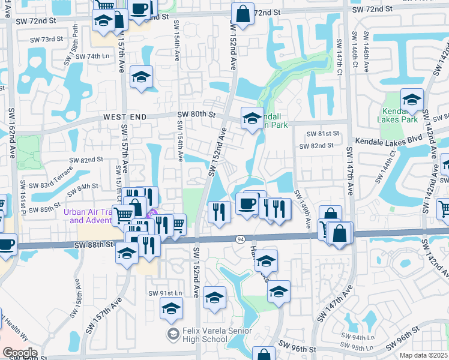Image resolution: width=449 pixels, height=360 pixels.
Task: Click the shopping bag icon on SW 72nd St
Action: coord(242,16)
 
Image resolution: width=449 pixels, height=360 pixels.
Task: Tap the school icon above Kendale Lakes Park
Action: coord(412,100)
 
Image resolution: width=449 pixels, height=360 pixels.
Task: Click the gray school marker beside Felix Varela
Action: coord(173,333)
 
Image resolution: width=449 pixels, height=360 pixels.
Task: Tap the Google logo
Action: coord(20,353)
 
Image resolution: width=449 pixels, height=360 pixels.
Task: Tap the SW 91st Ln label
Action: coord(165,293)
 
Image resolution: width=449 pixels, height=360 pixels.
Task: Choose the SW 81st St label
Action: coord(319,134)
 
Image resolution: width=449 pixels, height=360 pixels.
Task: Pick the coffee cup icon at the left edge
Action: coord(6,245)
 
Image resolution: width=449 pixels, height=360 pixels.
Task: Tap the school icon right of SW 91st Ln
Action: coord(214,298)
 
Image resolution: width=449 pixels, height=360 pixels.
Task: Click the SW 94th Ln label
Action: coord(356,337)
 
